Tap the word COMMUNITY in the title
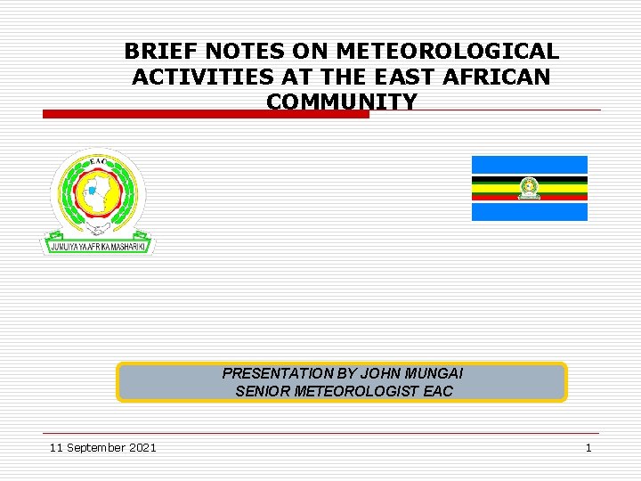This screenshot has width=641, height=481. pyautogui.click(x=341, y=102)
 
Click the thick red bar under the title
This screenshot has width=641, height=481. pyautogui.click(x=206, y=114)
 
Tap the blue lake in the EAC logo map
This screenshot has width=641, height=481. pyautogui.click(x=93, y=191)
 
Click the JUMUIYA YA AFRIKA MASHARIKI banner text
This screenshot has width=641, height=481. pyautogui.click(x=97, y=245)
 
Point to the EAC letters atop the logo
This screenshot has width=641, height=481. pyautogui.click(x=98, y=162)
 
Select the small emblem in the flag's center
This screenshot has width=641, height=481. pyautogui.click(x=529, y=189)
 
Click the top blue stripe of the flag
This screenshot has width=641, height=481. pyautogui.click(x=529, y=165)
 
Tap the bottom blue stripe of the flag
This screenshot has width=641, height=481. pyautogui.click(x=529, y=212)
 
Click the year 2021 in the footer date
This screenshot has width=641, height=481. pyautogui.click(x=141, y=447)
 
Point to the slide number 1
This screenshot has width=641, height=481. pyautogui.click(x=588, y=447)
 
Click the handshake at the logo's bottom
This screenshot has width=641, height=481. pyautogui.click(x=97, y=229)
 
